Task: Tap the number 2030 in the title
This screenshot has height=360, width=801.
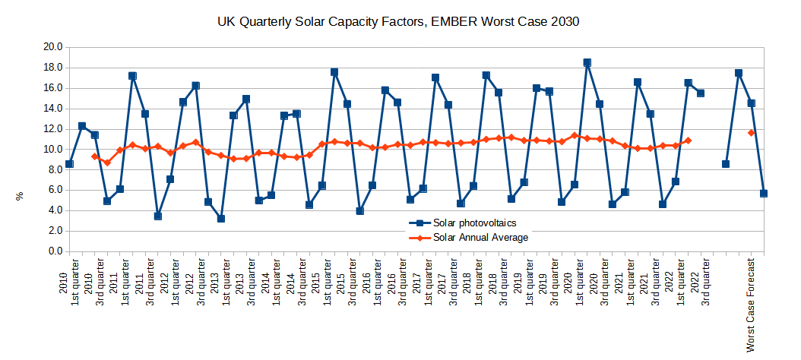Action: click(565, 22)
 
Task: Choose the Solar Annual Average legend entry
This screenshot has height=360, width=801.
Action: click(468, 238)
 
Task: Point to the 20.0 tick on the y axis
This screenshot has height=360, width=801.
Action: click(53, 47)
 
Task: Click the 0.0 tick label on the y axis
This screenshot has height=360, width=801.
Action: click(55, 251)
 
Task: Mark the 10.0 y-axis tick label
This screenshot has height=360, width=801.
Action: click(53, 149)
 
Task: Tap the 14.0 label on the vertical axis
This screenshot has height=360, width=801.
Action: click(53, 109)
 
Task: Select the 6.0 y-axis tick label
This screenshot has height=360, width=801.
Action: click(55, 190)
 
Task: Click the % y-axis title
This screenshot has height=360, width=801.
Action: click(21, 197)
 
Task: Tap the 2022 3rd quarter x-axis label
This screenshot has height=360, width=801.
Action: click(701, 282)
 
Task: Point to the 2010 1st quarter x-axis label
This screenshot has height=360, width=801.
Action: click(69, 282)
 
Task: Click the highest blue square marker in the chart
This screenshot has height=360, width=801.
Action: click(587, 63)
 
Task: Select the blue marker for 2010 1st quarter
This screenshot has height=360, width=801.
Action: click(69, 164)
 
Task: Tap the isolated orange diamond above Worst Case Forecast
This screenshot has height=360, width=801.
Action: click(751, 133)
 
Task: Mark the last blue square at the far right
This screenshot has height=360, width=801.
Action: click(764, 194)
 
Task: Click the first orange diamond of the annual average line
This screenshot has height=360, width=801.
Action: click(94, 156)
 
